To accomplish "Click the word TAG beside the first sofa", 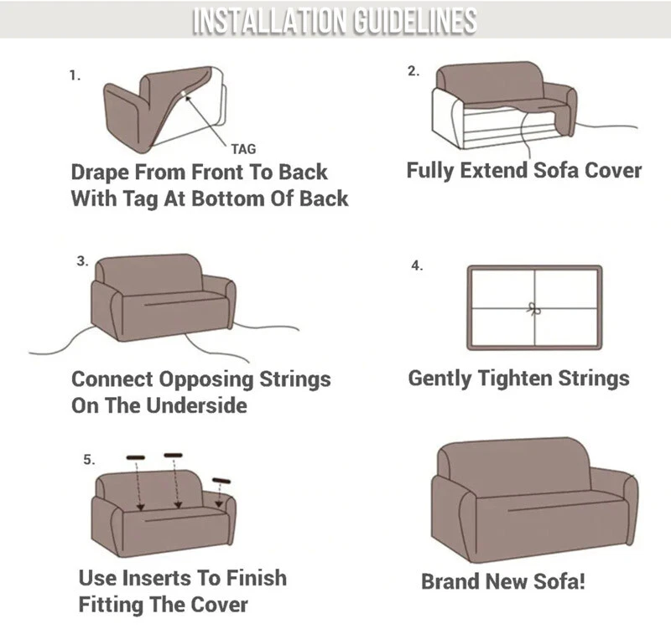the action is click(x=243, y=149).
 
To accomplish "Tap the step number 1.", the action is click(x=75, y=75).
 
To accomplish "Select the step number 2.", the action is click(x=414, y=71).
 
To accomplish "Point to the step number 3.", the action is click(x=82, y=260).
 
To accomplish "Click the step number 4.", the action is click(x=417, y=266).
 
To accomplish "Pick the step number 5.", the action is click(x=90, y=460).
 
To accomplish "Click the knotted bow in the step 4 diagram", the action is click(x=533, y=308).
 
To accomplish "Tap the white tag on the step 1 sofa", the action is click(x=183, y=94).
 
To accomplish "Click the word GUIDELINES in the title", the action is click(x=415, y=20).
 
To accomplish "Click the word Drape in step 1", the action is click(x=100, y=173).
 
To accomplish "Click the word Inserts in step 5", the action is click(x=158, y=578).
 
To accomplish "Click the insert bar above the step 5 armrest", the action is click(x=221, y=481).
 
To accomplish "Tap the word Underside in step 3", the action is click(x=197, y=405).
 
